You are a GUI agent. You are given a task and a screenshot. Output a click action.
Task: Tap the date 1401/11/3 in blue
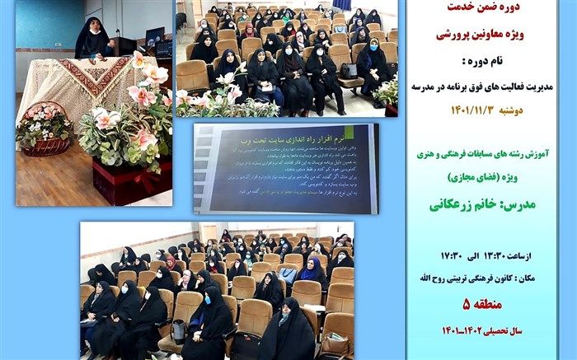(x=461, y=97)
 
